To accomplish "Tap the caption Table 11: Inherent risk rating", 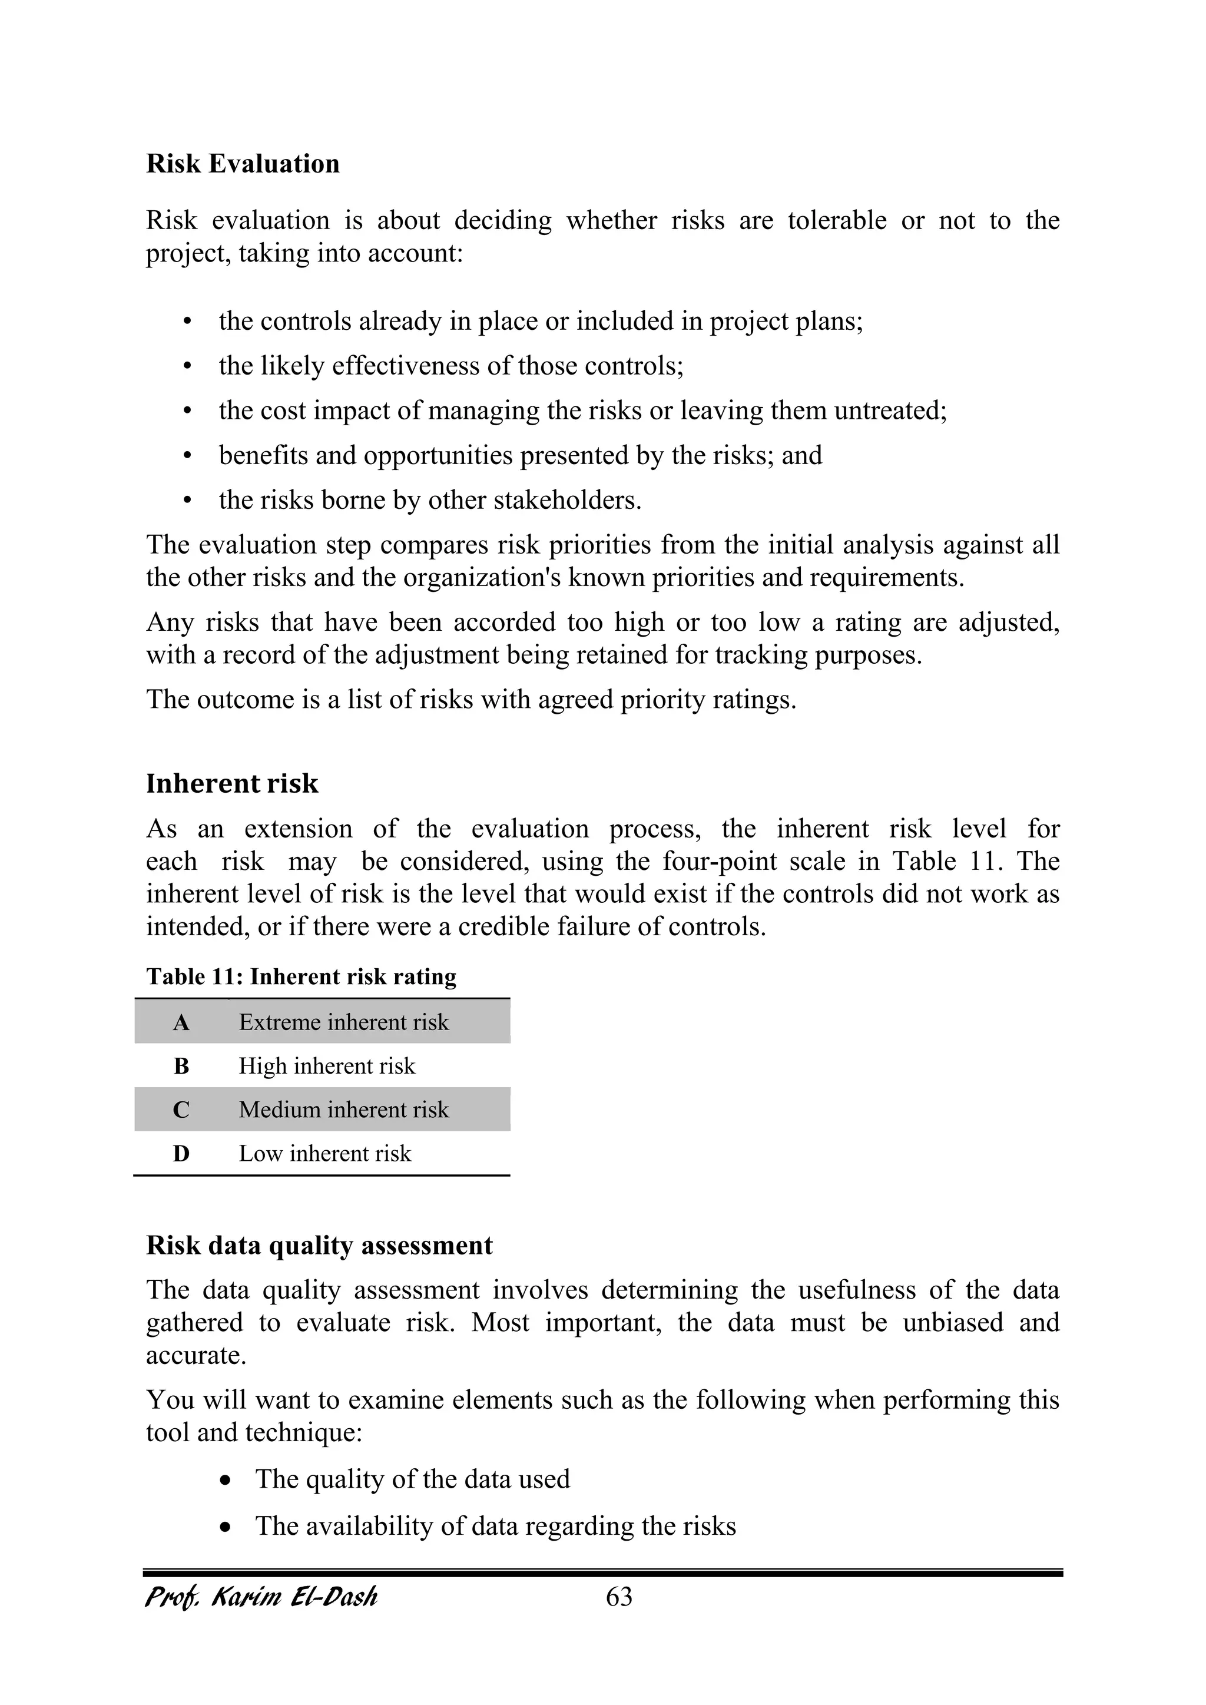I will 301,976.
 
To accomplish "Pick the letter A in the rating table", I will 181,1024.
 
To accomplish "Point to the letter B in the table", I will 181,1067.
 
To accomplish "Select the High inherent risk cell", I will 327,1067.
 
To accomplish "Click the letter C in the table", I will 181,1110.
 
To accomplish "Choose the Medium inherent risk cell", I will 343,1110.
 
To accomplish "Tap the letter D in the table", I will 181,1154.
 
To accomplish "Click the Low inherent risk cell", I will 324,1153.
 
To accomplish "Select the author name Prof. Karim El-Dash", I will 261,1597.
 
